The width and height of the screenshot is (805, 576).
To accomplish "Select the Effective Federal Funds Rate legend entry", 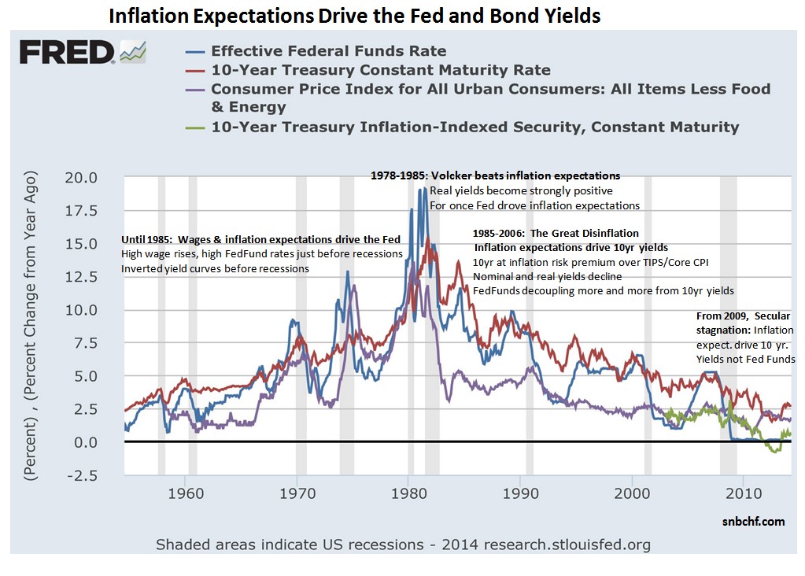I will click(x=329, y=51).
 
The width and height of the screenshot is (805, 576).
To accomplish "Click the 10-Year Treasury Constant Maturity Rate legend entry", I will click(x=381, y=70).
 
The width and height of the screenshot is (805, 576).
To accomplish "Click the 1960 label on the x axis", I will click(x=186, y=495).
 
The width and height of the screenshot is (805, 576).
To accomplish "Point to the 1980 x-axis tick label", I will click(x=408, y=495).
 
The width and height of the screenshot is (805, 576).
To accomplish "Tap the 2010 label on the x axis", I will click(x=743, y=495).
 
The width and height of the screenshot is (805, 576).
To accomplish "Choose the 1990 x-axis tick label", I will click(x=520, y=495).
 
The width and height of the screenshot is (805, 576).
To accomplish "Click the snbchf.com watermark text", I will click(x=753, y=521).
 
